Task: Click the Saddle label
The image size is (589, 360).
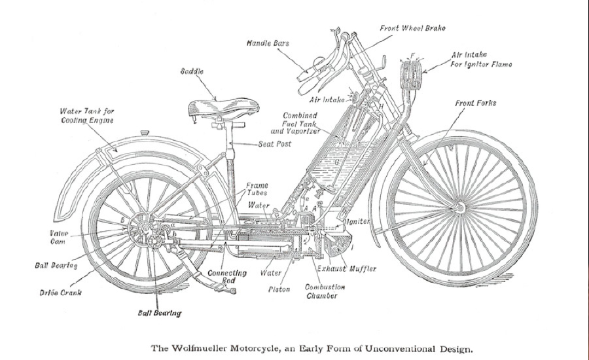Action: click(192, 71)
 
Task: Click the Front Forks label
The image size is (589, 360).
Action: click(476, 103)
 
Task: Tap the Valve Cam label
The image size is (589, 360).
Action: click(58, 237)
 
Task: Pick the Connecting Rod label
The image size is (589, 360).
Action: click(226, 276)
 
